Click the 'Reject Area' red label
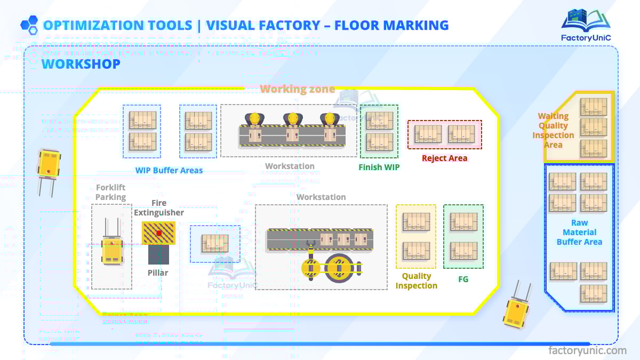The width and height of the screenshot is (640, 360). (444, 158)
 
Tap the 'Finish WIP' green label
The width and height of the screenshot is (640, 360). (379, 167)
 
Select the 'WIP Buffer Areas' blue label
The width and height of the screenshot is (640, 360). (169, 170)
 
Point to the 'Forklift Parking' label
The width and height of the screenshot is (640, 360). (111, 192)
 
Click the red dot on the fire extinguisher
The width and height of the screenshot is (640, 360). (159, 233)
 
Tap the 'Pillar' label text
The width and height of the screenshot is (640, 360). (158, 273)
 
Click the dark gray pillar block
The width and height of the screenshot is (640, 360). (158, 254)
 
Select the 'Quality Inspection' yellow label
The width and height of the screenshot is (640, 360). (417, 281)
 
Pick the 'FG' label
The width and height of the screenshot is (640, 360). (463, 279)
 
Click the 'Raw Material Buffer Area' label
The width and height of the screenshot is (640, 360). (579, 233)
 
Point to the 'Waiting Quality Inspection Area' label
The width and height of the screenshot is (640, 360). (553, 130)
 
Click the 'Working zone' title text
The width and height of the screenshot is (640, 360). (298, 89)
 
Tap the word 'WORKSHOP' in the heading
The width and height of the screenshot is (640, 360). (81, 64)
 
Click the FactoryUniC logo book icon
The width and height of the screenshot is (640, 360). (585, 20)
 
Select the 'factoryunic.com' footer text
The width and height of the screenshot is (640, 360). (587, 350)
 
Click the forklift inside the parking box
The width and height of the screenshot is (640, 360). (112, 245)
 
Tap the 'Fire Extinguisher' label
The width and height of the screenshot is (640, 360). (159, 207)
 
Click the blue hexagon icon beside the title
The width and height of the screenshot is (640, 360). (29, 25)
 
